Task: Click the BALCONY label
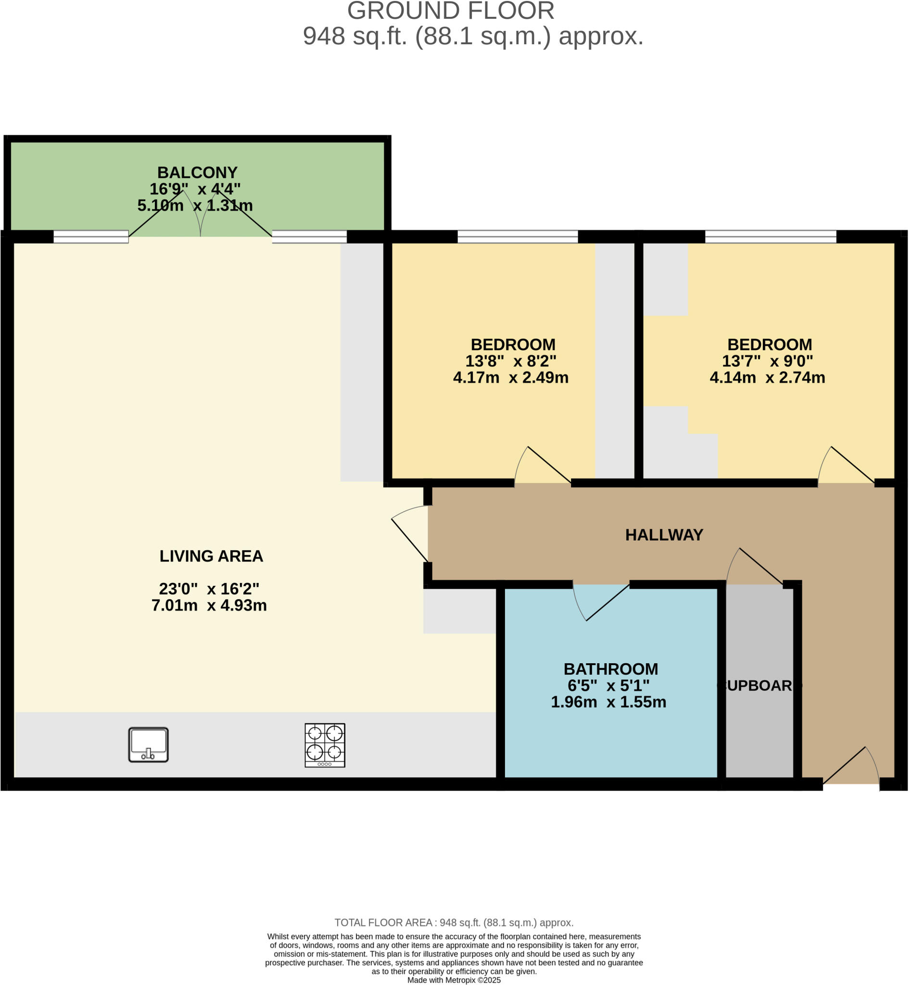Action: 197,172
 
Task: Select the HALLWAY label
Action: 664,535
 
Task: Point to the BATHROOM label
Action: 611,669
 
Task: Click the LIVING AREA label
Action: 211,556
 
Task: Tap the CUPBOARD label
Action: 759,685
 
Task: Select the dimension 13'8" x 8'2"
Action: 511,361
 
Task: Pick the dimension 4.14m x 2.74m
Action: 767,378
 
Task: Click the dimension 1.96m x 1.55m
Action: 608,702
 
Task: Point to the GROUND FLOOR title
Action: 451,11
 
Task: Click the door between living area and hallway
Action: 410,534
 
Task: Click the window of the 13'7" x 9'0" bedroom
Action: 771,237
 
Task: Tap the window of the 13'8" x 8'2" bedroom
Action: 518,237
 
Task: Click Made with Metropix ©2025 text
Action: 454,980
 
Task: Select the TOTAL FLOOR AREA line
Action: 454,922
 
